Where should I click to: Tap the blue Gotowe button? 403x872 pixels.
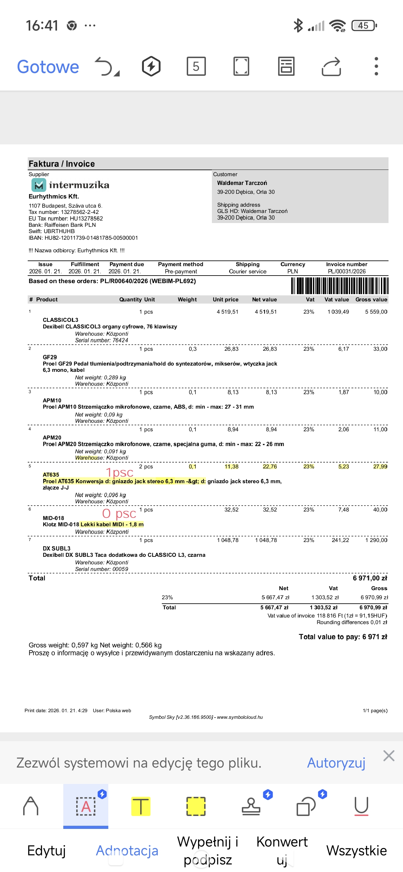coord(48,67)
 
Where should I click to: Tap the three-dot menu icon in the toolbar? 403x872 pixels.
coord(376,66)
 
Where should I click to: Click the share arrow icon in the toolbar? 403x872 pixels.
coord(331,66)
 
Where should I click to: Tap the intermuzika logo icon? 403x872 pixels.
coord(39,185)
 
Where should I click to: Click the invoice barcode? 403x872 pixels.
coord(339,285)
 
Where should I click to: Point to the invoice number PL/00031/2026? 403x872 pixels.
coord(346,271)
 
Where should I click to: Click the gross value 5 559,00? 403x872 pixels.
coord(376,312)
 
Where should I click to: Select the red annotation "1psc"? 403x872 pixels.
coord(119,472)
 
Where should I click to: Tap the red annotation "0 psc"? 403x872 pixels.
coord(119,513)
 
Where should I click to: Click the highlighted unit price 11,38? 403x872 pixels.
coord(231,467)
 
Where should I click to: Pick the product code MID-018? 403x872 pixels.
coord(53,518)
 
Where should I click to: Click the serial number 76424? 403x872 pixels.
coord(120,340)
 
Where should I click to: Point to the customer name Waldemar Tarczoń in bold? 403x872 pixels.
coord(242,183)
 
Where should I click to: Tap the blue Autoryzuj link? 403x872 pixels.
coord(336,763)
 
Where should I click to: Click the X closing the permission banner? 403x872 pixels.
coord(389,756)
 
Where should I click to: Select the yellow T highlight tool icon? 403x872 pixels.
coord(140,806)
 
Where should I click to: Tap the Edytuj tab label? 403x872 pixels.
coord(46,850)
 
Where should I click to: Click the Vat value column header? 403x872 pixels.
coord(336,299)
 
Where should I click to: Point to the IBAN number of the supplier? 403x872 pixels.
coord(91,238)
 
